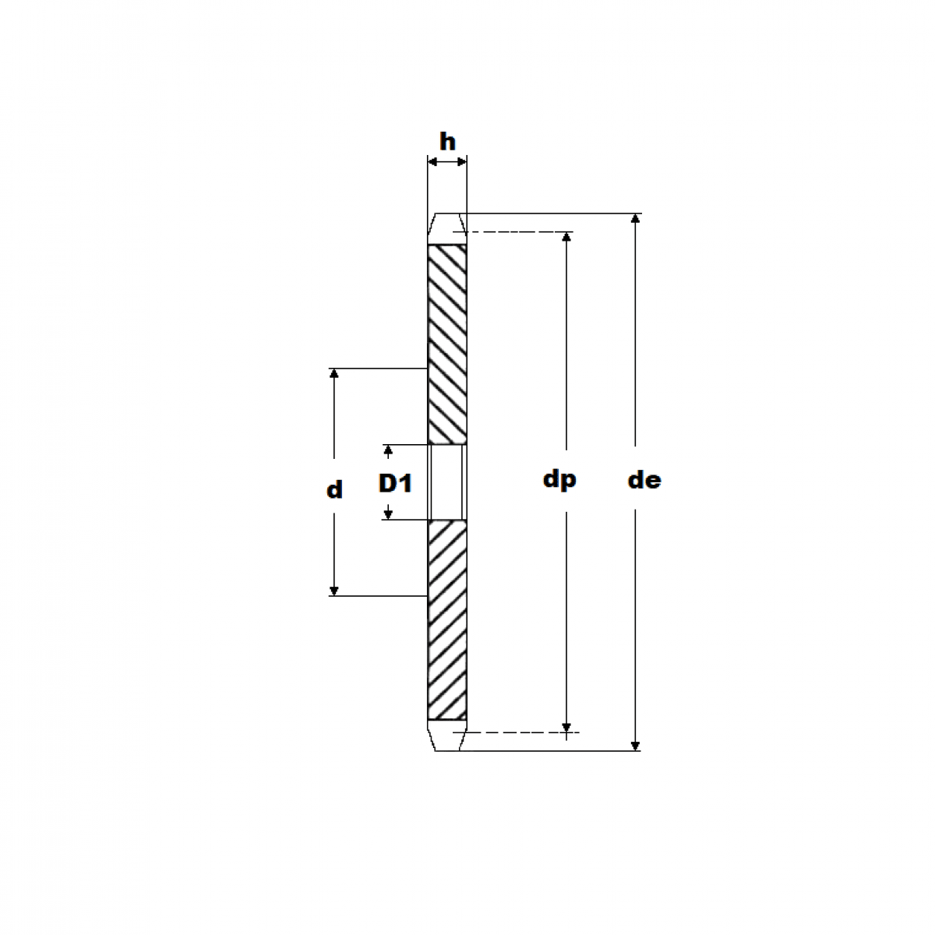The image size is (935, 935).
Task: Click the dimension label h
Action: [447, 142]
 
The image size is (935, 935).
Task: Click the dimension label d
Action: [334, 490]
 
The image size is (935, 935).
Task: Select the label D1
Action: [395, 484]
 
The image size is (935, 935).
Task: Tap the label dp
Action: [559, 478]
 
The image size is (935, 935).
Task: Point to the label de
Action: [644, 480]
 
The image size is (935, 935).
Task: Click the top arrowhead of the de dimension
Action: [636, 219]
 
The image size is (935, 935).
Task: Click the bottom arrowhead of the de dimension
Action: [636, 745]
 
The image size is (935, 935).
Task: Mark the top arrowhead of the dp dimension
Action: [566, 238]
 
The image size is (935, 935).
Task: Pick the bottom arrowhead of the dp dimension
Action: [566, 727]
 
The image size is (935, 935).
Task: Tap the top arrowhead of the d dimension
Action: [334, 374]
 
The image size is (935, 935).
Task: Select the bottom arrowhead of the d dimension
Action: [334, 590]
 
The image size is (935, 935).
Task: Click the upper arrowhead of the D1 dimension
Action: [387, 450]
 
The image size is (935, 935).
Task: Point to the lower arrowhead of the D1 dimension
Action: [387, 513]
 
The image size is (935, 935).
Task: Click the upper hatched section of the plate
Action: [447, 343]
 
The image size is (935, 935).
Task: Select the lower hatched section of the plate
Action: [447, 619]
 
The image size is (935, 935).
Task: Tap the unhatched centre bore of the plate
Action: [447, 482]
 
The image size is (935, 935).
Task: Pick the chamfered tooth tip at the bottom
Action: [447, 736]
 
